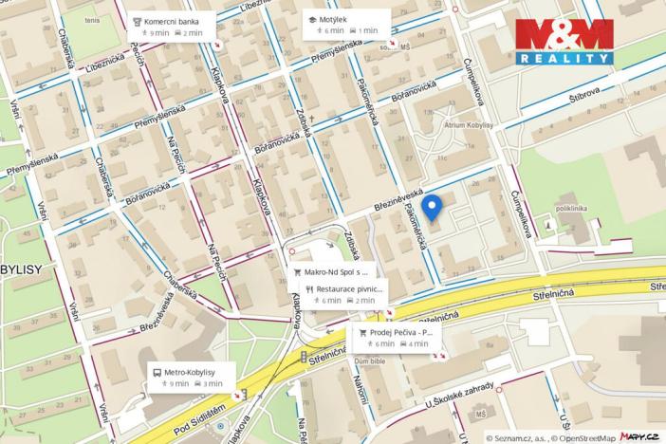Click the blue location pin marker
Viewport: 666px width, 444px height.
432,208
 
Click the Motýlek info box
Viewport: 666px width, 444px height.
347,24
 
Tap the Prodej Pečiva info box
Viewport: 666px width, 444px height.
399,338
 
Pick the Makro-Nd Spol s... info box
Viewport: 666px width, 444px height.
332,271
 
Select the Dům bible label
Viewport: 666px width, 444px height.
370,361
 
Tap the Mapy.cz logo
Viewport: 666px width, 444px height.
640,436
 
